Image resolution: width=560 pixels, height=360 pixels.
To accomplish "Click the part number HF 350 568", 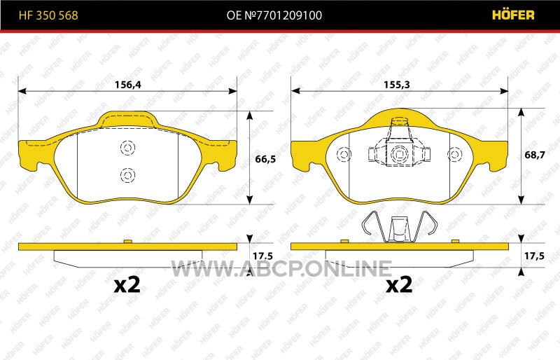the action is coord(48,15).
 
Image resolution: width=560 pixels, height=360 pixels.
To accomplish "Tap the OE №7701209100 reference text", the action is coord(274,15).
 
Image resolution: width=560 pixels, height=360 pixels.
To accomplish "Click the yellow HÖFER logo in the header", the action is coord(513,15).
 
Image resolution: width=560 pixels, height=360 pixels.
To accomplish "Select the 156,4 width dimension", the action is coord(128,85).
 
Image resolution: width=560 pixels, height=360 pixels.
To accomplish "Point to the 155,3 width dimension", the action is coord(396,85).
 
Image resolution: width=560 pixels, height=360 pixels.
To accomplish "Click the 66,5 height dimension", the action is coord(265,159).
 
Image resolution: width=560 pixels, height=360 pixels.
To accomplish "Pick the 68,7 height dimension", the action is coord(535,155).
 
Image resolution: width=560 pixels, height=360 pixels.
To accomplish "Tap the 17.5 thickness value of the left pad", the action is coord(262,256).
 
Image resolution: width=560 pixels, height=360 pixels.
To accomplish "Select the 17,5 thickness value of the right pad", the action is coord(534,256).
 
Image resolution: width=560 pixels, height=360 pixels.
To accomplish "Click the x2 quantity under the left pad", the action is coord(127,285).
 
